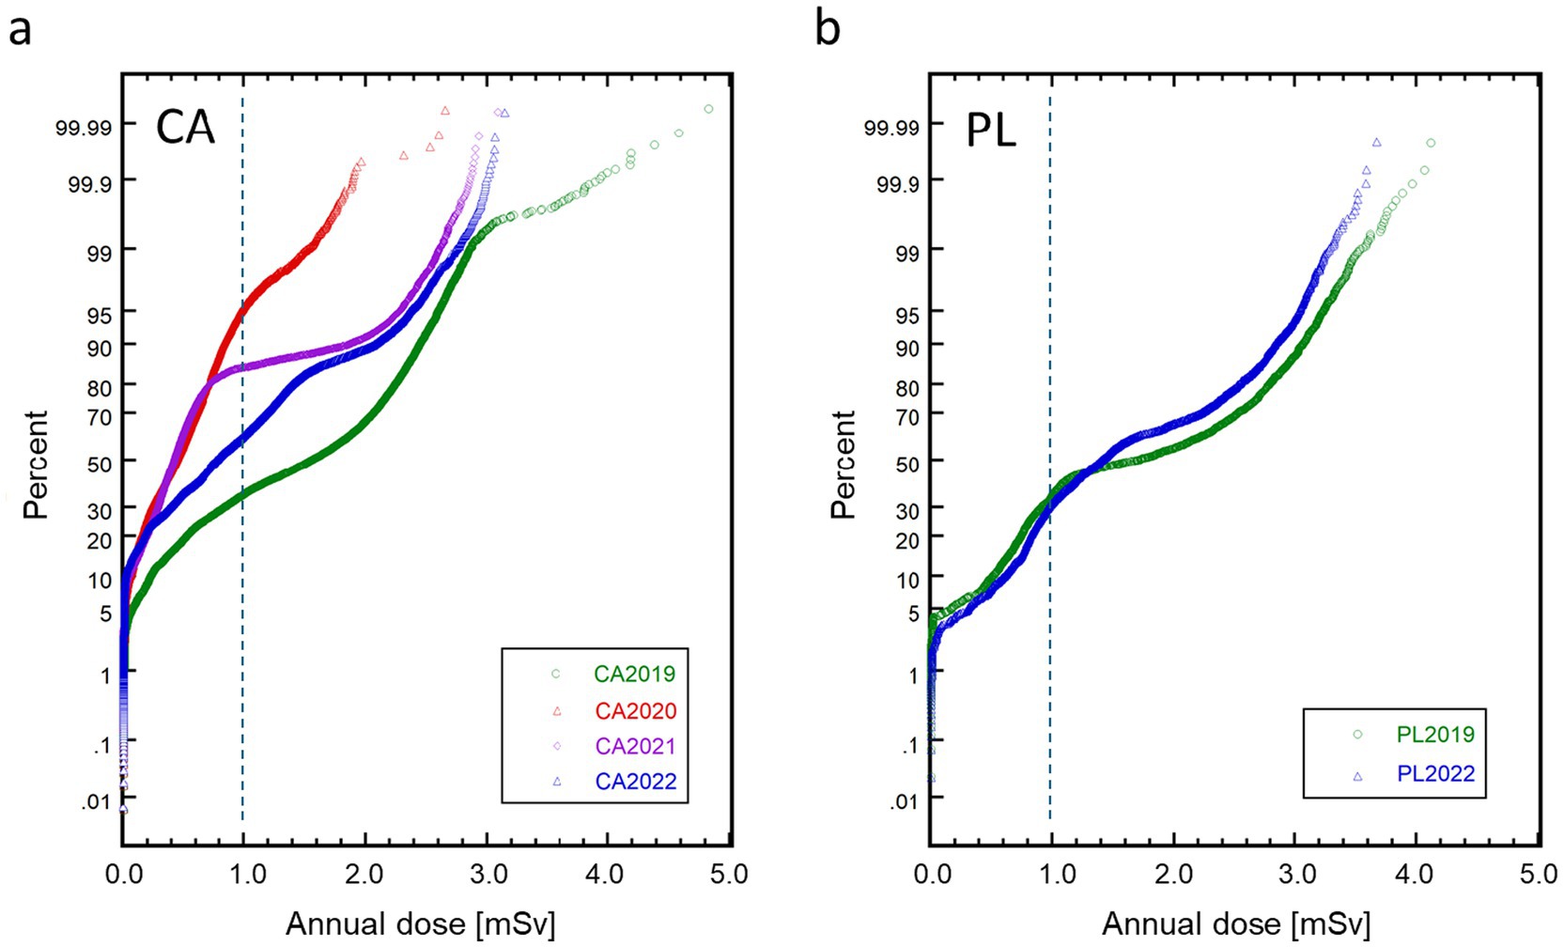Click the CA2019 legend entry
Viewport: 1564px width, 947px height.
(634, 675)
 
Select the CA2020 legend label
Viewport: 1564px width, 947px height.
(635, 711)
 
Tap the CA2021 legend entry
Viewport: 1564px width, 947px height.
(635, 747)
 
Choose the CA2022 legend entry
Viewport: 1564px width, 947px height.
(635, 782)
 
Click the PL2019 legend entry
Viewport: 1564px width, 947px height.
(1434, 735)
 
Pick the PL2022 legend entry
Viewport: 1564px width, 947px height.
(1434, 775)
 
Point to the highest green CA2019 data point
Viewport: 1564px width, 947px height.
(708, 109)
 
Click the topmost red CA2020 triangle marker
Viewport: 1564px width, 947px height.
(445, 111)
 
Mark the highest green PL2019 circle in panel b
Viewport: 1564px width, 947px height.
(1431, 144)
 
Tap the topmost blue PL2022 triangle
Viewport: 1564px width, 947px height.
(1376, 143)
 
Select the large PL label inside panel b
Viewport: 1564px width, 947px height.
(991, 132)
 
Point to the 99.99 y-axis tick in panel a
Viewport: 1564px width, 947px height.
(84, 128)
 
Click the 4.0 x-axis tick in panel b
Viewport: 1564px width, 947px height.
(1414, 875)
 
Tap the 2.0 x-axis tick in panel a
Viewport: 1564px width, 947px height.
(364, 875)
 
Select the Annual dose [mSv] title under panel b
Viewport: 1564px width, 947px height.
(1235, 924)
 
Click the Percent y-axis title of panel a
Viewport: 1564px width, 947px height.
(36, 464)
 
